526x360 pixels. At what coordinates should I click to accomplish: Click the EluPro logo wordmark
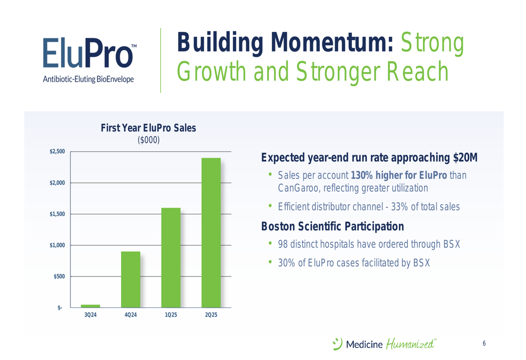pyautogui.click(x=88, y=53)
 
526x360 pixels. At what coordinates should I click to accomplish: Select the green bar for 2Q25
pyautogui.click(x=211, y=233)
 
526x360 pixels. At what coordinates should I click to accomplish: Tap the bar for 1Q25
pyautogui.click(x=171, y=258)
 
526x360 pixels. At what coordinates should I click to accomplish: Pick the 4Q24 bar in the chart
pyautogui.click(x=130, y=279)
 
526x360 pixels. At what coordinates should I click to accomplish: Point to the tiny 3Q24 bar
pyautogui.click(x=90, y=306)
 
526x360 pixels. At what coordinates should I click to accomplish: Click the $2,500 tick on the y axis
pyautogui.click(x=57, y=151)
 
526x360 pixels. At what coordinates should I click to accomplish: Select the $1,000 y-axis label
pyautogui.click(x=57, y=245)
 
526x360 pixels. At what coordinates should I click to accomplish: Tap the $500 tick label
pyautogui.click(x=59, y=276)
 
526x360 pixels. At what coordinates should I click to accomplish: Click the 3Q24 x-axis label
pyautogui.click(x=90, y=315)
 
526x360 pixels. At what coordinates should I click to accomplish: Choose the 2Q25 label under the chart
pyautogui.click(x=211, y=315)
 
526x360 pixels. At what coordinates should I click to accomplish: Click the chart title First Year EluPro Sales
pyautogui.click(x=148, y=128)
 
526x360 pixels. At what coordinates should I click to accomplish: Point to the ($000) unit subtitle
pyautogui.click(x=149, y=140)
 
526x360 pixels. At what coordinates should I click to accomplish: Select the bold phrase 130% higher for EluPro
pyautogui.click(x=399, y=175)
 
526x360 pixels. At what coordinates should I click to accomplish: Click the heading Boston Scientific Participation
pyautogui.click(x=332, y=227)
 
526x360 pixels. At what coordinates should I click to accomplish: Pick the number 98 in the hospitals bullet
pyautogui.click(x=283, y=244)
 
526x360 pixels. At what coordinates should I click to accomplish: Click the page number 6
pyautogui.click(x=484, y=343)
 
